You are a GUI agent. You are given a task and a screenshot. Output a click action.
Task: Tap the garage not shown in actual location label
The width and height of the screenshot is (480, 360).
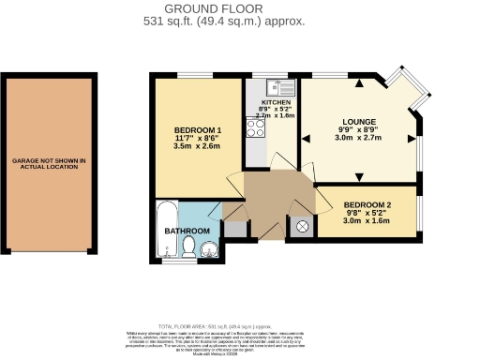(x=49, y=165)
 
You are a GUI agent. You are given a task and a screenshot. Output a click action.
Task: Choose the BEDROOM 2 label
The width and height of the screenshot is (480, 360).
(x=367, y=204)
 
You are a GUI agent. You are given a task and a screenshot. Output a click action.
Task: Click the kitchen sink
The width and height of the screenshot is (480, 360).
(x=280, y=88)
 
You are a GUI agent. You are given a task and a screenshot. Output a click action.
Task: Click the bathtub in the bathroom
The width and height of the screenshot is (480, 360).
(x=165, y=228)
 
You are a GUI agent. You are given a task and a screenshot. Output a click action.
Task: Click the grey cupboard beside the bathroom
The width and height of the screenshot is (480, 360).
(x=233, y=227)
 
